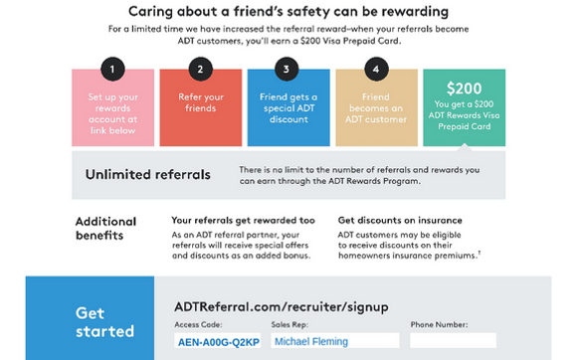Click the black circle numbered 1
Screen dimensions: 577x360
point(112,70)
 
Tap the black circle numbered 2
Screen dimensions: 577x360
point(200,70)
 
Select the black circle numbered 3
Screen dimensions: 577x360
point(287,70)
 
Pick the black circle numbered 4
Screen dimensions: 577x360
point(376,70)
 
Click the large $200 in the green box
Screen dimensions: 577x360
point(464,89)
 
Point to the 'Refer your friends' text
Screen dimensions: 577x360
point(201,102)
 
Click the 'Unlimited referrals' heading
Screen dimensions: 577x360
point(148,174)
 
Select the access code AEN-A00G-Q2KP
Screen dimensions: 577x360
point(219,342)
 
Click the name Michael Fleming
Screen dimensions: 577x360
point(311,342)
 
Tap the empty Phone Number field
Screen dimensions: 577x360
point(453,340)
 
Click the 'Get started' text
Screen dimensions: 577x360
point(104,322)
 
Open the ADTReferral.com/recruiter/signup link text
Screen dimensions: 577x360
point(282,306)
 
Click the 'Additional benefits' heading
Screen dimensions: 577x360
point(106,229)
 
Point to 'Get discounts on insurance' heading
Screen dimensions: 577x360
point(400,220)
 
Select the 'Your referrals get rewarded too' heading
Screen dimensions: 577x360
point(244,220)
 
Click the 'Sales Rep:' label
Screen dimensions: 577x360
point(289,325)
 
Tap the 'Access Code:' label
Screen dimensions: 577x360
point(198,325)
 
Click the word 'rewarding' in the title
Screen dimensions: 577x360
point(415,12)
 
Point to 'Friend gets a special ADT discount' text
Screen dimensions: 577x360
point(288,108)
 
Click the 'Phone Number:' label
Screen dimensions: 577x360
point(439,325)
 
